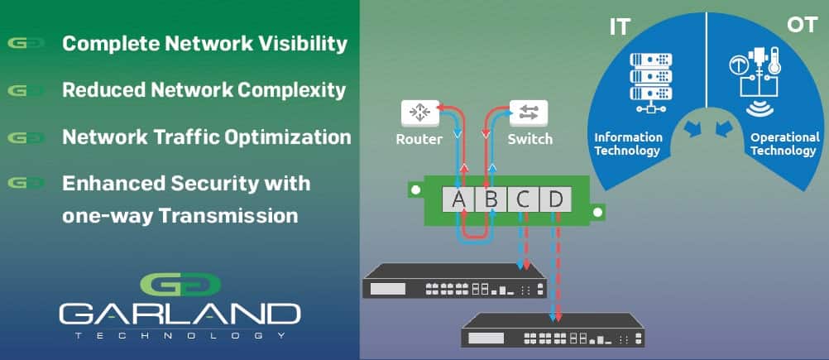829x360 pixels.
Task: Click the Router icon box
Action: (420, 113)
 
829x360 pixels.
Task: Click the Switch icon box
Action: (529, 113)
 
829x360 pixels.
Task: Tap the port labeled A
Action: (459, 199)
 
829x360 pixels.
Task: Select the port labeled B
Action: (491, 199)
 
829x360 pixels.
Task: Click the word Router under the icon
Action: (419, 140)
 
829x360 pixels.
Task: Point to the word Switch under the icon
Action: (530, 140)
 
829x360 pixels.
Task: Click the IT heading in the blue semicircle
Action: (620, 27)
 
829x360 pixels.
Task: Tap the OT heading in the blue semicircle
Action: (803, 26)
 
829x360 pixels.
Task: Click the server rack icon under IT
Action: (651, 83)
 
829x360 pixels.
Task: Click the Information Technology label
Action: (628, 144)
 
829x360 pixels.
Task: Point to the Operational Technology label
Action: (785, 144)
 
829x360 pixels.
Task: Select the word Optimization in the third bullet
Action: (288, 137)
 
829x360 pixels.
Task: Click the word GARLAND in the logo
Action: (180, 314)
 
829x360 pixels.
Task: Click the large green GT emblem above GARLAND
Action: (180, 285)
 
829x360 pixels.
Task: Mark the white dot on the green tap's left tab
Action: (415, 189)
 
